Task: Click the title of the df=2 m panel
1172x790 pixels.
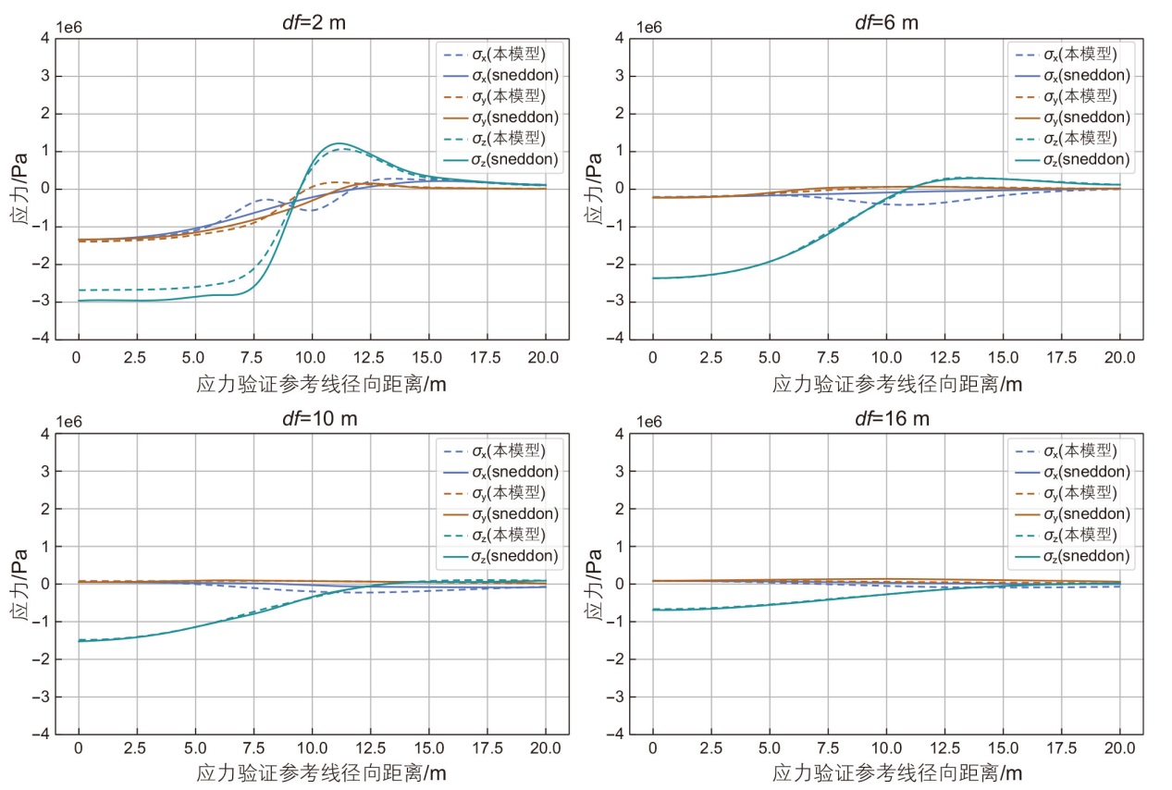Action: [311, 22]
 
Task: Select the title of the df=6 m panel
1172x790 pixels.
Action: [886, 22]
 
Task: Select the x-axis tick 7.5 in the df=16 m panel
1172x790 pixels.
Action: [828, 751]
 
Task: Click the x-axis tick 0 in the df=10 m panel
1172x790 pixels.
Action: [79, 751]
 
